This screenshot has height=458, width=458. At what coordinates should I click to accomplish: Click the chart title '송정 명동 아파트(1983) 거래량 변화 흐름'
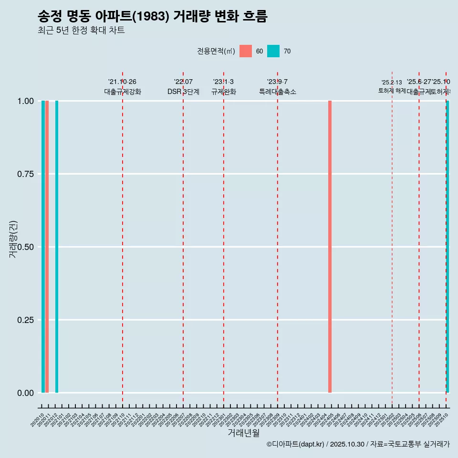click(152, 16)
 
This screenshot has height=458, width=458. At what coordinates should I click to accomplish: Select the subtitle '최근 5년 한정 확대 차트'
click(81, 31)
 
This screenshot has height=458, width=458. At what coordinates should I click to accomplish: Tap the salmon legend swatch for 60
click(246, 51)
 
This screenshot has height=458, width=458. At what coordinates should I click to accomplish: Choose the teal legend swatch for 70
click(273, 51)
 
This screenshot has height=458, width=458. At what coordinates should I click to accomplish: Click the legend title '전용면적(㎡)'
click(216, 51)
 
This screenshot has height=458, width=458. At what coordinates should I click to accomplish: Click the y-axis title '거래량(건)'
click(13, 239)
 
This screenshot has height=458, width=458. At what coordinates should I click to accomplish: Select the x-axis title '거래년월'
click(244, 433)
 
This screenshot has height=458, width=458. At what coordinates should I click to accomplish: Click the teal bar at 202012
click(57, 247)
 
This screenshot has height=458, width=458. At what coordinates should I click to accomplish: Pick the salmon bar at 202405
click(330, 247)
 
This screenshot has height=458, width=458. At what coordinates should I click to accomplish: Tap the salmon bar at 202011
click(47, 247)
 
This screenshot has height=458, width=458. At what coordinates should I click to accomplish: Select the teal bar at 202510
click(448, 247)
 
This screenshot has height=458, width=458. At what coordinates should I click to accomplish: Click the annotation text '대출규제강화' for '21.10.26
click(123, 92)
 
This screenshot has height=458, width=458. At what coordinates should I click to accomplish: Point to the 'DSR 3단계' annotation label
click(183, 92)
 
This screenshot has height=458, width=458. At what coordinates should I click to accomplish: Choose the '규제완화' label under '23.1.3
click(224, 92)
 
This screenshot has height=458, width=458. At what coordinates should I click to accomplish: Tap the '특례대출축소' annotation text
click(278, 92)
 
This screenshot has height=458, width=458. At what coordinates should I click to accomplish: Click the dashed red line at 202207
click(183, 239)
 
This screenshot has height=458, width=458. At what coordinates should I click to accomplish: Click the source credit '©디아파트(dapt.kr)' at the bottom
click(295, 444)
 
